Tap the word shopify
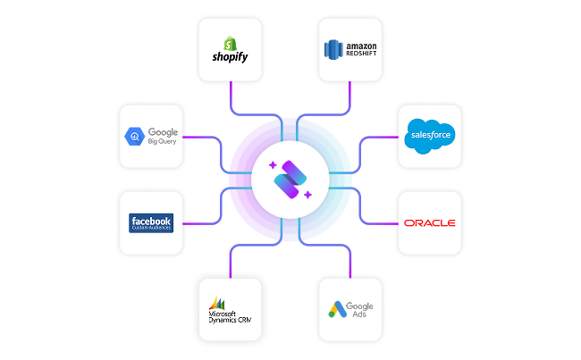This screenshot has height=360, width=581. (x=230, y=56)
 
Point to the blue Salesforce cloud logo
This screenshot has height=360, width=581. (x=429, y=135)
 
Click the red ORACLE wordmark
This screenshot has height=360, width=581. (x=430, y=222)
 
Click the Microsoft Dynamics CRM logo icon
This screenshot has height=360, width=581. (x=215, y=303)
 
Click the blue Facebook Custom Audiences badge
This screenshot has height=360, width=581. (x=151, y=222)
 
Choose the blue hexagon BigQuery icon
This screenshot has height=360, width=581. (x=135, y=137)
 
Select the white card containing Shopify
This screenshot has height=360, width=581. (x=230, y=49)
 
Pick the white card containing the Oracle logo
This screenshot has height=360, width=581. (x=430, y=222)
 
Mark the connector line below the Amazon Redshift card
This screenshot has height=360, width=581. (x=350, y=94)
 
